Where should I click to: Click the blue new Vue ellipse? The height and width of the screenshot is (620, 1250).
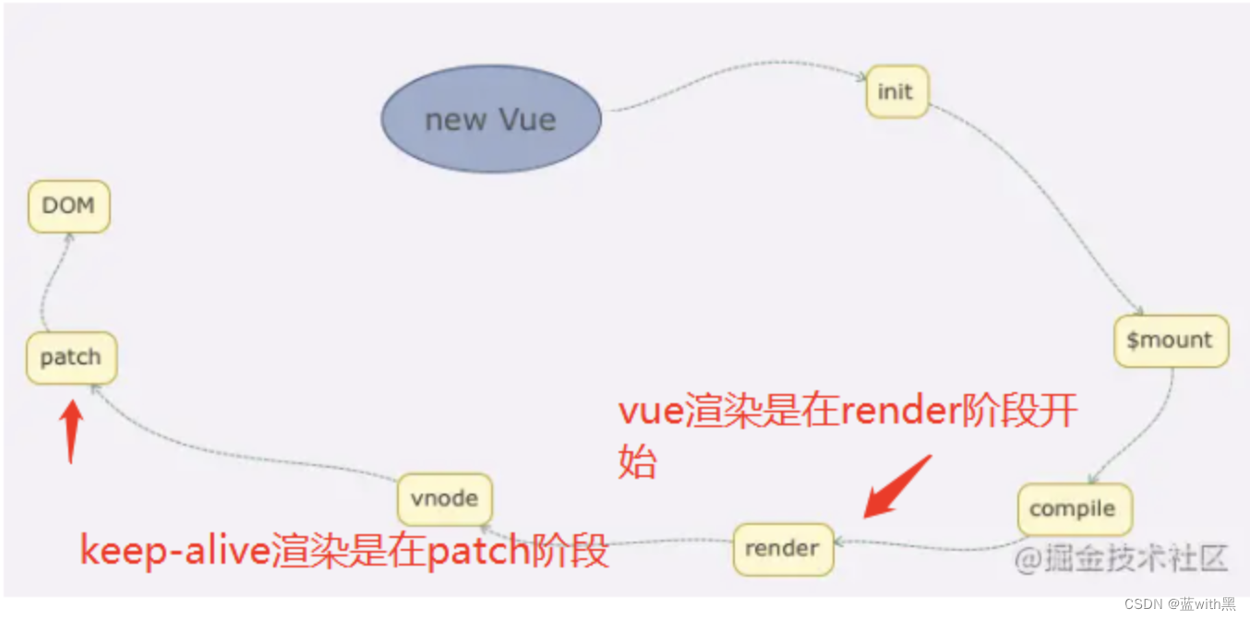pos(491,119)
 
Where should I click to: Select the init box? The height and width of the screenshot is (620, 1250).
pos(896,91)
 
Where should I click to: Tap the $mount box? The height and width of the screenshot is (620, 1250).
pos(1171,340)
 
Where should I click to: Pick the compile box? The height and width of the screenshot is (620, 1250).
pos(1074,509)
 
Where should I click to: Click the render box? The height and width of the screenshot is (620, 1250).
pos(782,549)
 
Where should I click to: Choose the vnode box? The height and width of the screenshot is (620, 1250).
pos(444,499)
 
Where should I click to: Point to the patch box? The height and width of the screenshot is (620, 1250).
pos(71,357)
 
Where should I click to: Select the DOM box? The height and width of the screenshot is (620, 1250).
pos(69,206)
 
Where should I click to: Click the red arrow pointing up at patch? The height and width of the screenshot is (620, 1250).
pos(71,430)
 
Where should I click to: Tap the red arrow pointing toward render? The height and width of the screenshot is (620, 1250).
pos(895,486)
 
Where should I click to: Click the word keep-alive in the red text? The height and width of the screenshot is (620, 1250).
pos(175,552)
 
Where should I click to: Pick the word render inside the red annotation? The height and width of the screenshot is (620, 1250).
pos(896,411)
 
